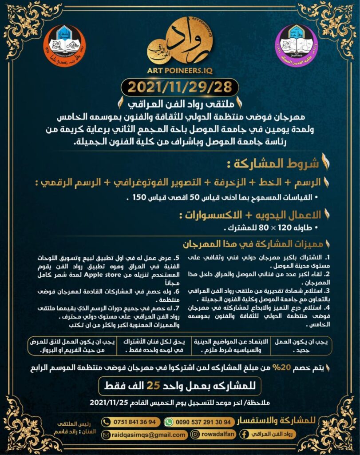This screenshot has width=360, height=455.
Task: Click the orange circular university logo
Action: [66, 45]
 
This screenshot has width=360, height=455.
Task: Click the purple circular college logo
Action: [297, 45]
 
